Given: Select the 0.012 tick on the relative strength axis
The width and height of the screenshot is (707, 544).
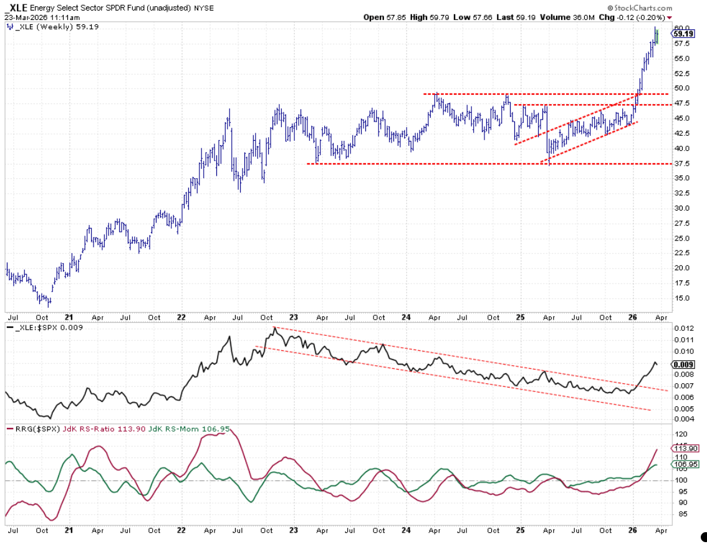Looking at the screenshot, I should pyautogui.click(x=683, y=328).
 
